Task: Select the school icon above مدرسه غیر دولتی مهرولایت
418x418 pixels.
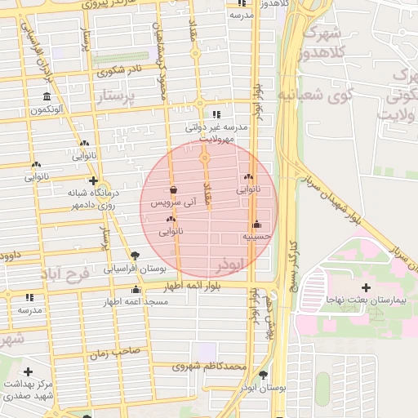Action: (216, 115)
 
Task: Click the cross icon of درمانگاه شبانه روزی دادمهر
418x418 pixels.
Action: (93, 181)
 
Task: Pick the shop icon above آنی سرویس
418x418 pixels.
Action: (173, 190)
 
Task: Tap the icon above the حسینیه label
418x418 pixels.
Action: (256, 225)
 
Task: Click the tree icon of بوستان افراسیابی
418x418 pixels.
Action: (135, 256)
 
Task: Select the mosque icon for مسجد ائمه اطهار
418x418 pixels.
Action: (136, 290)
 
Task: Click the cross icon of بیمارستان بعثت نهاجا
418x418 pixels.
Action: (366, 288)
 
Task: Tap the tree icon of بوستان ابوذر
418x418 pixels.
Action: (263, 375)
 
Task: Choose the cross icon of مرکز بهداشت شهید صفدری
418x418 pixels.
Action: (29, 372)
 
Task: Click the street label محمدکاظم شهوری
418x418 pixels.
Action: (209, 367)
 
